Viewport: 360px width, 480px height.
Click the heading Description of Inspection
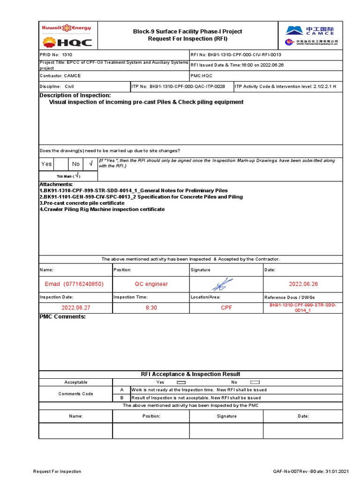pos(75,96)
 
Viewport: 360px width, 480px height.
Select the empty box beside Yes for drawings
pos(60,164)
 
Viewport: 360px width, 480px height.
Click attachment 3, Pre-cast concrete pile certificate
pos(82,203)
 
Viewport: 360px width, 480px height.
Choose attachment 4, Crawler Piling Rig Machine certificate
pos(102,210)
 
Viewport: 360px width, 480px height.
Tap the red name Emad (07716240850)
pos(74,284)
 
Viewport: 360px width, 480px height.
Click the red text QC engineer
pos(151,284)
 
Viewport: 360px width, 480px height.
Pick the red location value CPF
pos(226,308)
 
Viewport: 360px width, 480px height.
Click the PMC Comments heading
pos(62,317)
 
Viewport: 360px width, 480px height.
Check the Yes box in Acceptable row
pos(181,382)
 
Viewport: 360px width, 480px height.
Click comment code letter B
pos(122,397)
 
